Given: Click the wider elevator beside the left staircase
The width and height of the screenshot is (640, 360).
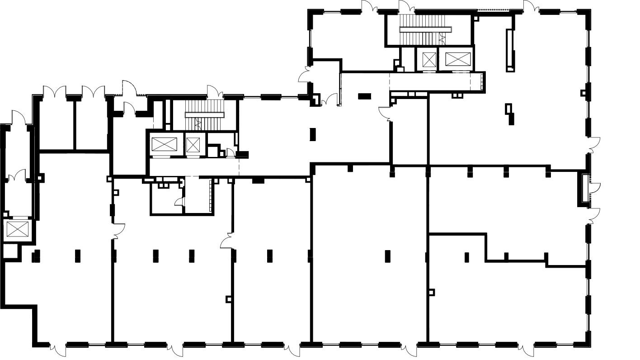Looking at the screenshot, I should pos(161,144).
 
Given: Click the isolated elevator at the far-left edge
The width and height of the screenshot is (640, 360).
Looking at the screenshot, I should pos(17,230).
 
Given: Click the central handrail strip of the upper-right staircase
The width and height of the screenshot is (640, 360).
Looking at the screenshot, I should pos(425,30).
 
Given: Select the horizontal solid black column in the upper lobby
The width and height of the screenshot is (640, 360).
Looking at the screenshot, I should pos(364,96).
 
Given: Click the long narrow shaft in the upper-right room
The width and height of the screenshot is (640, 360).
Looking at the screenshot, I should pos(510,50).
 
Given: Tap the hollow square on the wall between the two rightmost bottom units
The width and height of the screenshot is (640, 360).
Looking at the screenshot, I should pos(432,292).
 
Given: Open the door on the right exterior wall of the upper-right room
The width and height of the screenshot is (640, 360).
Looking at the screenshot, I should pos(594,145).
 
